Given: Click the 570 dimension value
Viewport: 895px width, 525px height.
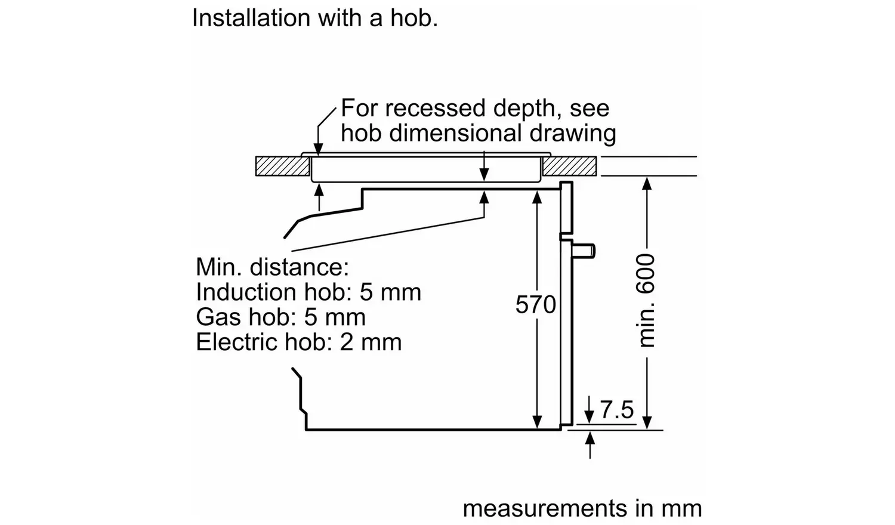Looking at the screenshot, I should pos(535,305).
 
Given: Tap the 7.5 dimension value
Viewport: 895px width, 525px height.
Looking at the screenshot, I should pos(617,410).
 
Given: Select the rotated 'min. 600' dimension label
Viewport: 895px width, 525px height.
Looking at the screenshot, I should pos(646,300).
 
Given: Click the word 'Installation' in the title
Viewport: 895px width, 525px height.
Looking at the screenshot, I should pos(251,18).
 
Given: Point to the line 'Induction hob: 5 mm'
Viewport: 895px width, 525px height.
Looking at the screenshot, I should pos(308,292).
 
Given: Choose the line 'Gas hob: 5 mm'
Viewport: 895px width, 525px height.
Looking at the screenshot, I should pos(280,317).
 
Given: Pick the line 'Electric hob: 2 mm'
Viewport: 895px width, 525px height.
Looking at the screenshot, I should pos(298,342).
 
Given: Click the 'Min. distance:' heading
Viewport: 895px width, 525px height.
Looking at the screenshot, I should pos(271,267).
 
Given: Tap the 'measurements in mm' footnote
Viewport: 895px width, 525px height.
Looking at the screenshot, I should pos(582,508).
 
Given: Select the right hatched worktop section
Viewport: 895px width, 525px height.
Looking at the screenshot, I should pos(569,166).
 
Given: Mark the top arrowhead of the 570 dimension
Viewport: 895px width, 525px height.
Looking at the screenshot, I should pos(536,197).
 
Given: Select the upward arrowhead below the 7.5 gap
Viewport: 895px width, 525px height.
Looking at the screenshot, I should pos(590,437).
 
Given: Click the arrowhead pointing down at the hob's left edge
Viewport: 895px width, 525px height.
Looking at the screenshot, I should pos(319,149).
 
